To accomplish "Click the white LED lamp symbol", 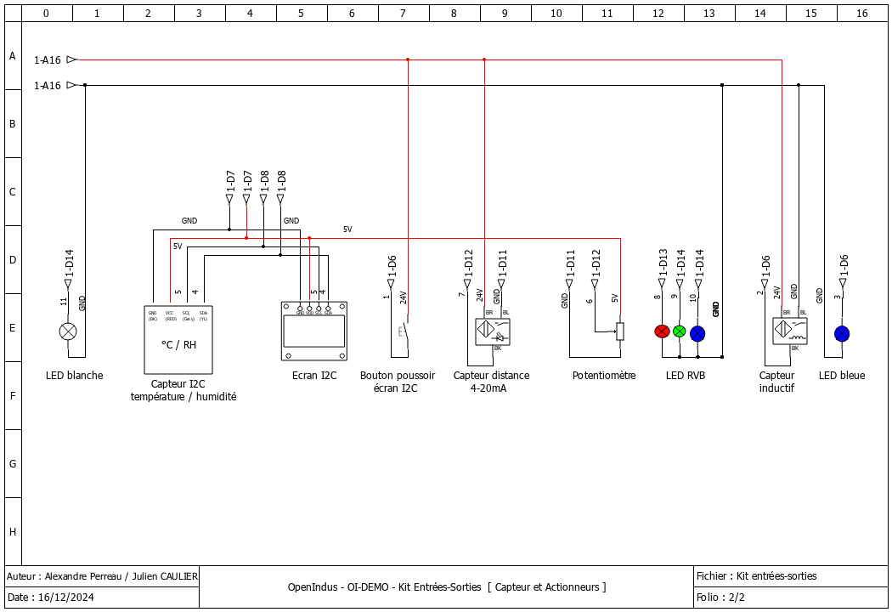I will pyautogui.click(x=68, y=331).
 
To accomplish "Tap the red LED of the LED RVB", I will pyautogui.click(x=662, y=331).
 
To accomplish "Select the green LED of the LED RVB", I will pyautogui.click(x=680, y=331).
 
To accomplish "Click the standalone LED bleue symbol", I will pyautogui.click(x=841, y=332).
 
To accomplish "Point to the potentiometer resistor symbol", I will pyautogui.click(x=620, y=331).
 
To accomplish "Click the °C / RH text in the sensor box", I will pyautogui.click(x=178, y=344).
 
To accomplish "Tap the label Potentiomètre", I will pyautogui.click(x=603, y=375).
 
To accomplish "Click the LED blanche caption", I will pyautogui.click(x=75, y=375).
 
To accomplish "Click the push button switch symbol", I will pyautogui.click(x=403, y=331).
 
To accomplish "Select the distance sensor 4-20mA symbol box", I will pyautogui.click(x=493, y=331).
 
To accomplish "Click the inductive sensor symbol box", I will pyautogui.click(x=790, y=331).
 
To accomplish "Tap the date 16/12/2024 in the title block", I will pyautogui.click(x=66, y=598).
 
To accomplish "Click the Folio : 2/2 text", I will pyautogui.click(x=720, y=598).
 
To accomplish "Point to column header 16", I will pyautogui.click(x=862, y=14).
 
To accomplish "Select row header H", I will pyautogui.click(x=13, y=531).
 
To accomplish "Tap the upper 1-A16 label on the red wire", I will pyautogui.click(x=48, y=60).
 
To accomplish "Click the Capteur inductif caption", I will pyautogui.click(x=776, y=381).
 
